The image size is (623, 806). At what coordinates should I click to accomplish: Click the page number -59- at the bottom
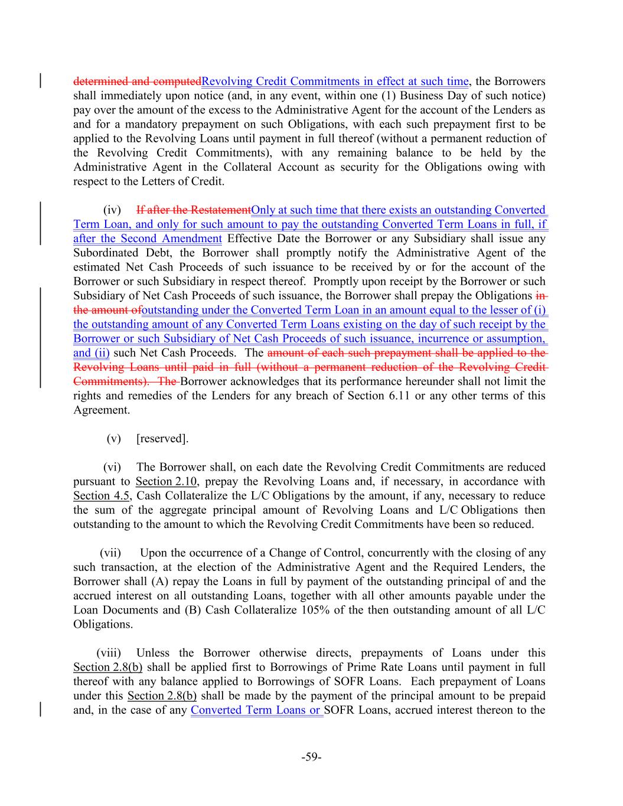point(311,757)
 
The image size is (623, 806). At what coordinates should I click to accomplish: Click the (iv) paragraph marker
point(112,210)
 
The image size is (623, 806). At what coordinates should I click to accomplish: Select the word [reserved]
point(162,439)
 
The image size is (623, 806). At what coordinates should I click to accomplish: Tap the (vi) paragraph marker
point(112,467)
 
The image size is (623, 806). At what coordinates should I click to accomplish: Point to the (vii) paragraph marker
point(110,553)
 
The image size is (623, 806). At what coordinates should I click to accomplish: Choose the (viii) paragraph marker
point(109,653)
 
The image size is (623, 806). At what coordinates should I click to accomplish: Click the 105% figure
point(315,611)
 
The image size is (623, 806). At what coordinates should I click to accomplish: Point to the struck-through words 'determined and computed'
point(137,81)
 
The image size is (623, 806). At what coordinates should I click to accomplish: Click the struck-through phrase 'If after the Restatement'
point(194,210)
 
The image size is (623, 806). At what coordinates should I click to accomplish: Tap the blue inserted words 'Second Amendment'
point(171,239)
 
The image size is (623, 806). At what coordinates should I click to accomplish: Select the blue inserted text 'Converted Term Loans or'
point(256,710)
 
